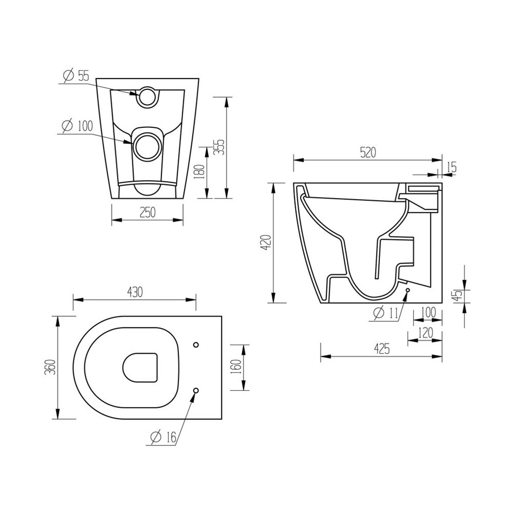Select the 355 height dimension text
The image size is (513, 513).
pos(219,146)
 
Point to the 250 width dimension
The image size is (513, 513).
pos(147,212)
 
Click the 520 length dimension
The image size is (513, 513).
pos(367,152)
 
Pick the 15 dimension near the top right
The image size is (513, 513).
pos(451,167)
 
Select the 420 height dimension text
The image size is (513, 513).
pos(265,242)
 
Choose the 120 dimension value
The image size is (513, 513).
pos(424,332)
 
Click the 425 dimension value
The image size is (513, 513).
pos(381,349)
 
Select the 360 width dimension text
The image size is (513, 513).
pos(50,367)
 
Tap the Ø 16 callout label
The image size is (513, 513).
pos(164,437)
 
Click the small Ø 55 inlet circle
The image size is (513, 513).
pos(148,95)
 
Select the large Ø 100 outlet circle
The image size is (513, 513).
pos(147,146)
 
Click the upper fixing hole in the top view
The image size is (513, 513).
pos(196,344)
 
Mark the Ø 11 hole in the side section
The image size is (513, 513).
pos(407,291)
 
